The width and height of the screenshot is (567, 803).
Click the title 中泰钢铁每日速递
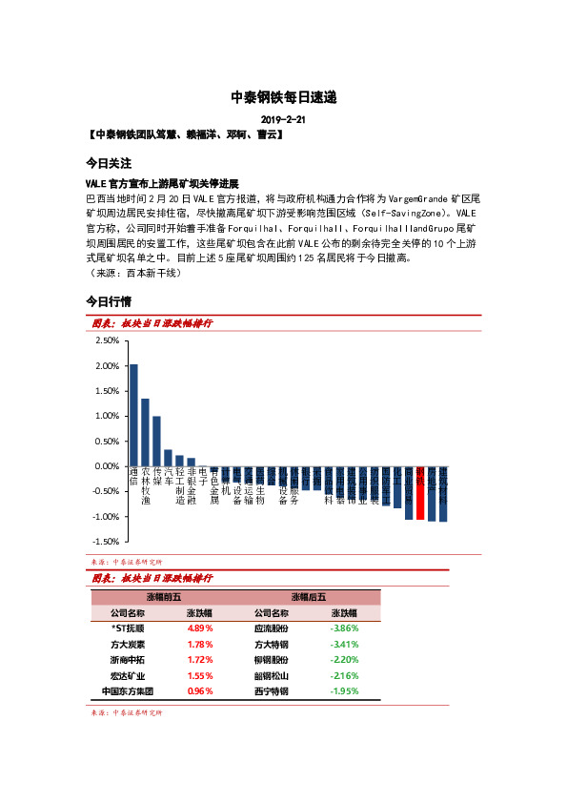tap(284, 97)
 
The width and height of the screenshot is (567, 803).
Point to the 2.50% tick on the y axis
tap(107, 340)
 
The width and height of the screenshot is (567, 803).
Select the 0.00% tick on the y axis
tap(107, 466)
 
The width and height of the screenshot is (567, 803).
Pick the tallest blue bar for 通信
tap(133, 415)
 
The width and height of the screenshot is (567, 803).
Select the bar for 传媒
tap(156, 441)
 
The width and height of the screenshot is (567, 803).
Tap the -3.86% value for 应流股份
tap(343, 628)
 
